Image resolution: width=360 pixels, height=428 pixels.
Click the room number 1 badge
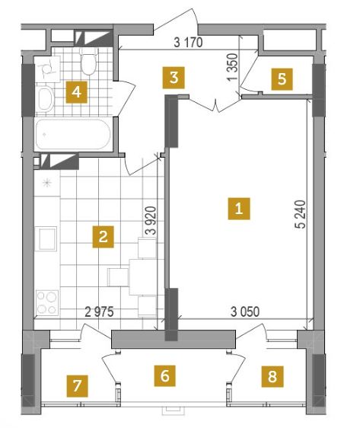click(239, 209)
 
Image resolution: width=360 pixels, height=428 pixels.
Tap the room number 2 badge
click(103, 237)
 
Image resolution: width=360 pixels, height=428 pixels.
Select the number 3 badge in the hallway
click(174, 78)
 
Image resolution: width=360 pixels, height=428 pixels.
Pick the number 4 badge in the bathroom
click(77, 92)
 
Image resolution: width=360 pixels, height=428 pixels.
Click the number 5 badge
click(282, 79)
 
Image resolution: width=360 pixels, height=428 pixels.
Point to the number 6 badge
click(164, 376)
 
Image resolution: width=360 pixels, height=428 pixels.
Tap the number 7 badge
click(78, 385)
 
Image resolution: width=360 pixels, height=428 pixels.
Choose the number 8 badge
click(272, 377)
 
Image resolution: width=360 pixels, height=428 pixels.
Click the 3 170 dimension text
click(188, 43)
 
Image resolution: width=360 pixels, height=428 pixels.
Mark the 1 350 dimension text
click(232, 67)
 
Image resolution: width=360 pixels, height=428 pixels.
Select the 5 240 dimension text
click(301, 214)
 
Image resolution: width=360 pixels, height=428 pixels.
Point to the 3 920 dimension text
click(151, 221)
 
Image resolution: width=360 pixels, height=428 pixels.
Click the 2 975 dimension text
click(99, 311)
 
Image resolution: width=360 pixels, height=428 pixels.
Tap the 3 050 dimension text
click(245, 311)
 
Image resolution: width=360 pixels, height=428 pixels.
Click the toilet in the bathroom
click(89, 62)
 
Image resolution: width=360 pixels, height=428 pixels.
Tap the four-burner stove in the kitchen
click(47, 302)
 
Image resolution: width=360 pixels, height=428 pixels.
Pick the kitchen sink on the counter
click(47, 239)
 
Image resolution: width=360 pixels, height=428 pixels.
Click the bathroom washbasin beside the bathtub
click(46, 99)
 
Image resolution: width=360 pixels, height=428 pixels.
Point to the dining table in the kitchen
click(142, 276)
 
